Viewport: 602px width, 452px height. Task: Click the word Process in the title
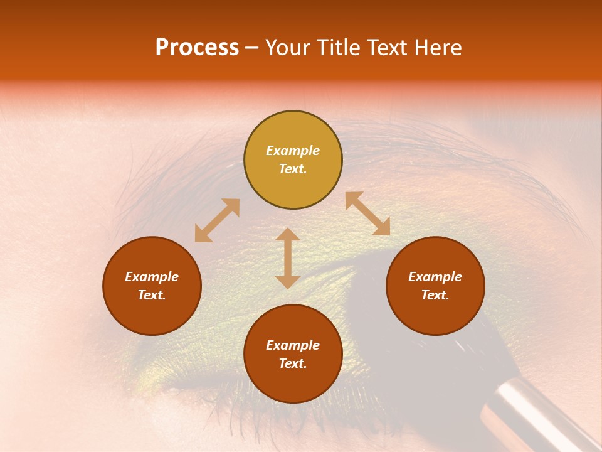pos(197,48)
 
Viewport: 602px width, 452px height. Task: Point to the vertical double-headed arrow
pos(288,258)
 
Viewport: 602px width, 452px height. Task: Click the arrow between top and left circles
pos(217,220)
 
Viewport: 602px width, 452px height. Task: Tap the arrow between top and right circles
pos(367,213)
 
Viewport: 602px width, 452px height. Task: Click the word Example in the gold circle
pos(293,151)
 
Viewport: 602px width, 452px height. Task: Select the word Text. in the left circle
pos(152,295)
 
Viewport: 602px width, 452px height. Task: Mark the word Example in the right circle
pos(435,277)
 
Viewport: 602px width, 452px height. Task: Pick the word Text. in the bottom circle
pos(293,363)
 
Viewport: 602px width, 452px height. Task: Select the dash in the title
pos(252,48)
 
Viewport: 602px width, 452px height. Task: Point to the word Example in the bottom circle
pos(293,345)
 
